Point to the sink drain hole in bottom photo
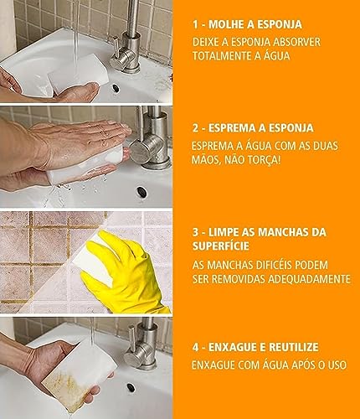coord(131,389)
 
